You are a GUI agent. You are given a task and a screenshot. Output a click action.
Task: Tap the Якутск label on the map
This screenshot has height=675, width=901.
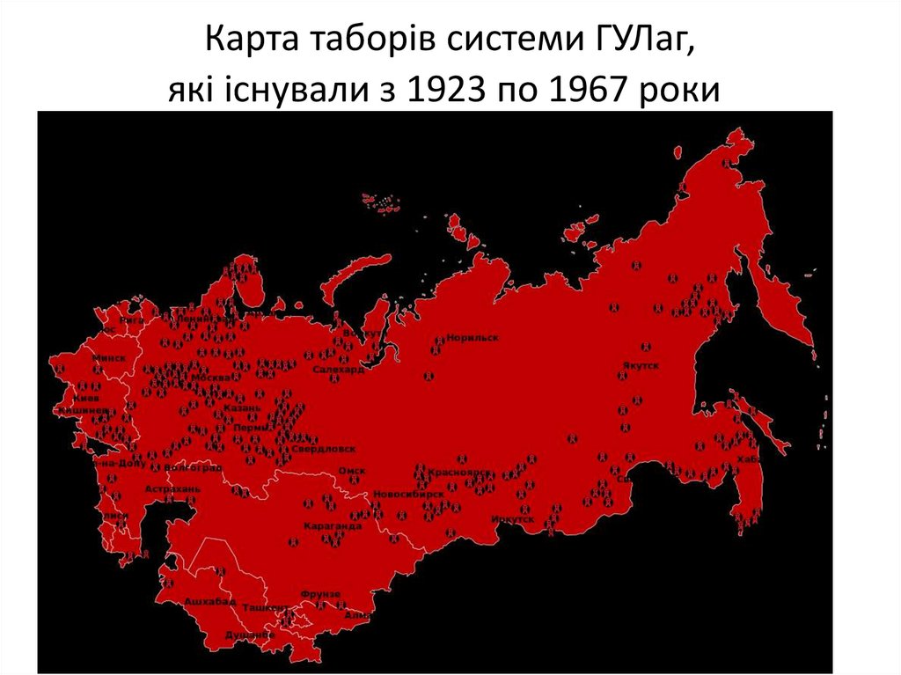point(640,364)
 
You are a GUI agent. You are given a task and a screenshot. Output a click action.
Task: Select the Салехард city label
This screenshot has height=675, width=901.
point(337,371)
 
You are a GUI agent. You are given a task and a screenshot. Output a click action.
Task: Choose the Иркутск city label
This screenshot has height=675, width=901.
point(514,519)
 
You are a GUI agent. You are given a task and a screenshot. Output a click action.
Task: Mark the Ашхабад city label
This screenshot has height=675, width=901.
point(210,602)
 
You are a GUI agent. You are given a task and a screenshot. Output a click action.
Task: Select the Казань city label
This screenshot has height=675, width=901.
point(243,409)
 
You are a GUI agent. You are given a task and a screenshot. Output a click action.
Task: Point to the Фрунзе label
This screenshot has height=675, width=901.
point(319,594)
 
